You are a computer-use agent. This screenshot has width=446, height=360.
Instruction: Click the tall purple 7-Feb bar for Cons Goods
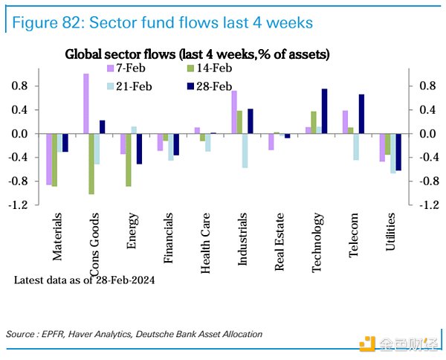86,103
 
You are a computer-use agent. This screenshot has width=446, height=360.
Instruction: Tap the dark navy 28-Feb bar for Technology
324,112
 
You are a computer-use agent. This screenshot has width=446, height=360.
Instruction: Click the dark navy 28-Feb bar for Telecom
361,114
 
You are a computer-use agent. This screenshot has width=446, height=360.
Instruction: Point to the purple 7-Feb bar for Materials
48,159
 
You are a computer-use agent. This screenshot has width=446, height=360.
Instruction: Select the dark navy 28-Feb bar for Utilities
398,152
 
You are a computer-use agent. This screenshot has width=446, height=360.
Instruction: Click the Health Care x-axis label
205,242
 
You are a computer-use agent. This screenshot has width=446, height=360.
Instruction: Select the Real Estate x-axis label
279,242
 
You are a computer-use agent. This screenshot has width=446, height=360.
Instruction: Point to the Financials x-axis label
168,240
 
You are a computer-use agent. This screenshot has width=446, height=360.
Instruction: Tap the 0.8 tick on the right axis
427,86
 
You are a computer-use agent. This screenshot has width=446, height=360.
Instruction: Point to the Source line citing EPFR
134,334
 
